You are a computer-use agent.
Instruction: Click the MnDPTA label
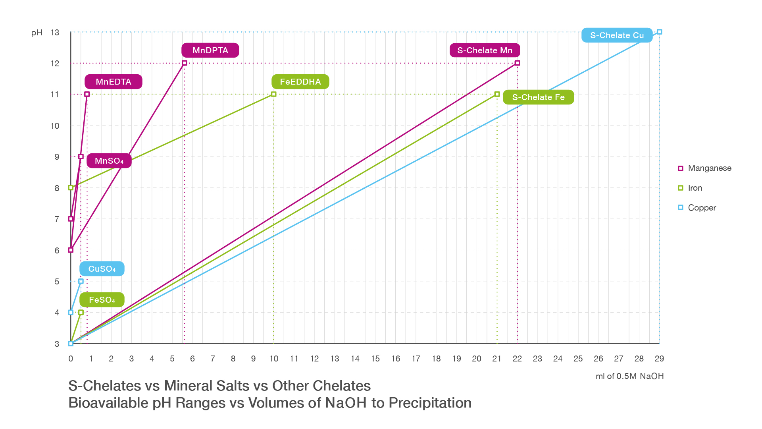(210, 50)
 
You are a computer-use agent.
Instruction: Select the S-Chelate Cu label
(617, 35)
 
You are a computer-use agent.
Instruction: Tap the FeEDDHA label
(300, 82)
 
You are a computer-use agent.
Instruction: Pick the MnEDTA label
(113, 82)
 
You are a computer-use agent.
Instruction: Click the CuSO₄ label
(102, 269)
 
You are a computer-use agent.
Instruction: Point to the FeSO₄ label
(102, 300)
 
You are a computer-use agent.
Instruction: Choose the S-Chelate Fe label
(538, 97)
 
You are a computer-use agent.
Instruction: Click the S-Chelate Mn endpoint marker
(517, 63)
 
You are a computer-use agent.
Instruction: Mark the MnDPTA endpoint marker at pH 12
(184, 63)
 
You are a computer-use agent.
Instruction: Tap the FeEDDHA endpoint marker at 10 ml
(273, 94)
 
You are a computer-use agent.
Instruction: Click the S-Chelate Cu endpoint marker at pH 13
(659, 32)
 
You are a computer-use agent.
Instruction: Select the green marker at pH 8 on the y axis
(71, 187)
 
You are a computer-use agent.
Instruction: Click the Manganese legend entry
(704, 168)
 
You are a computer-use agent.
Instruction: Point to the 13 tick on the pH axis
(55, 33)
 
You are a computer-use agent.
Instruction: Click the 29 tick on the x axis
(659, 359)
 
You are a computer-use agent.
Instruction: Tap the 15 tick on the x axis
(375, 359)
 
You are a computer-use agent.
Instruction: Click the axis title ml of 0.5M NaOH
(629, 376)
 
